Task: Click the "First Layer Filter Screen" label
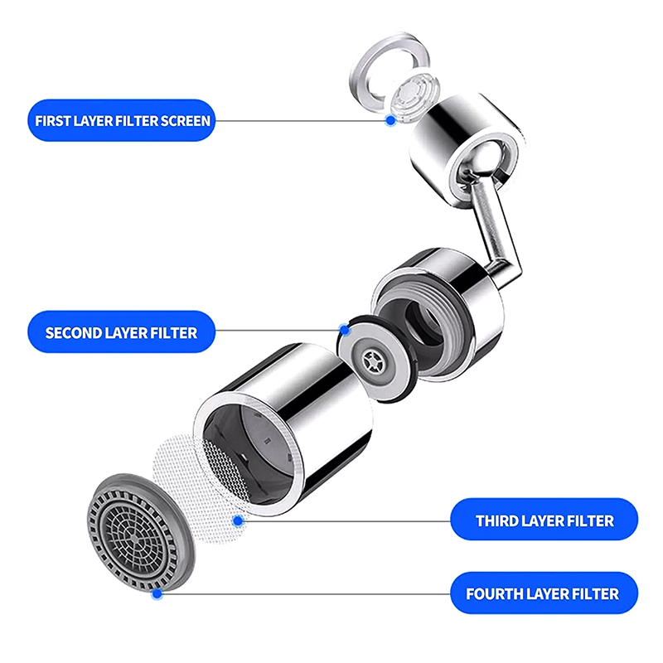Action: pos(121,120)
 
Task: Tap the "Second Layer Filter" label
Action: pos(121,332)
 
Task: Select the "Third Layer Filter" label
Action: pos(544,520)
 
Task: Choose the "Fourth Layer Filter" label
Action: pos(544,593)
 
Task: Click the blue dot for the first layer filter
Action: pos(390,120)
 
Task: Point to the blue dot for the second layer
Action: pos(345,330)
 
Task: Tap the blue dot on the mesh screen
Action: pos(238,520)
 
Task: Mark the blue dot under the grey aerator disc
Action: pos(157,593)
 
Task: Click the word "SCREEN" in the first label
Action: pos(185,121)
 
